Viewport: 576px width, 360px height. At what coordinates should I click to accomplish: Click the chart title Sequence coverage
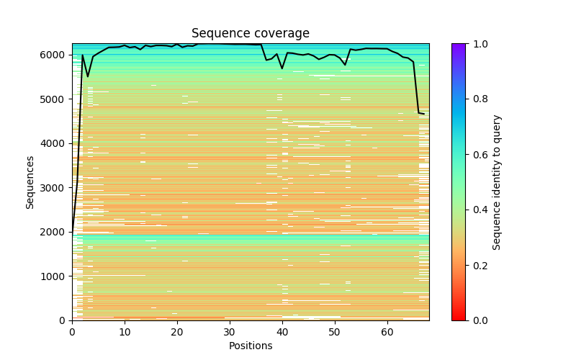pyautogui.click(x=251, y=34)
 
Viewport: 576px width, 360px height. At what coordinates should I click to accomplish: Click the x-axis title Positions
pyautogui.click(x=251, y=346)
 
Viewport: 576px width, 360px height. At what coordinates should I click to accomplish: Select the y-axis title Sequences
pyautogui.click(x=30, y=181)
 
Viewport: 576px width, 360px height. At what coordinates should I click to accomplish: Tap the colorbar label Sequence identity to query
pyautogui.click(x=498, y=181)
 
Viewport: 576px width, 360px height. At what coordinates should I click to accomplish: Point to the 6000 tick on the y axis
pyautogui.click(x=57, y=55)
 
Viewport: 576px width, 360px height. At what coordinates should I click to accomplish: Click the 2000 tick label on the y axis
pyautogui.click(x=57, y=232)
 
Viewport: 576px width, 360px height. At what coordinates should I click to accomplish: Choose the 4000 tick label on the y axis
pyautogui.click(x=57, y=143)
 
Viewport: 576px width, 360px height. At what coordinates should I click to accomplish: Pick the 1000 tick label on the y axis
pyautogui.click(x=57, y=276)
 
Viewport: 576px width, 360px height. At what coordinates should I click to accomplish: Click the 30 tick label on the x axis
pyautogui.click(x=230, y=332)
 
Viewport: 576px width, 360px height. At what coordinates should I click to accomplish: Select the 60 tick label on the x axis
pyautogui.click(x=387, y=332)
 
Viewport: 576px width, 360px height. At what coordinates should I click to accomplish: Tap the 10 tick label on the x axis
pyautogui.click(x=125, y=332)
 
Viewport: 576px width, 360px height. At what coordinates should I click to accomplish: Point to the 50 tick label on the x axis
pyautogui.click(x=335, y=332)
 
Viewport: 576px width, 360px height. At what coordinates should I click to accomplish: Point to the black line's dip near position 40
pyautogui.click(x=282, y=68)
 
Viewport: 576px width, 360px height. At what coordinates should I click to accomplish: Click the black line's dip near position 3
pyautogui.click(x=88, y=76)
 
